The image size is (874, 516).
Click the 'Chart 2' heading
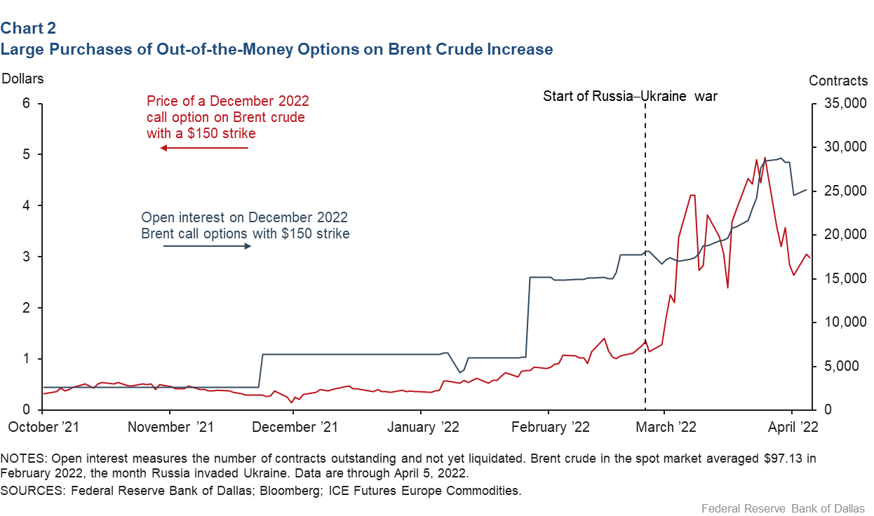pos(28,28)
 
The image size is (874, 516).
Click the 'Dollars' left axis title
pos(23,79)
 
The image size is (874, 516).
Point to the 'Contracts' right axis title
pos(838,81)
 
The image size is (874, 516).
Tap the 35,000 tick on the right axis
pos(844,103)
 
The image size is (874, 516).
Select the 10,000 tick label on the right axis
pos(844,322)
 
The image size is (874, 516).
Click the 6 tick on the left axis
pos(27,103)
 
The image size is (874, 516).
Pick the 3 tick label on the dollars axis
pos(27,257)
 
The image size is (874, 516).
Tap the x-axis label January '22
pos(424,427)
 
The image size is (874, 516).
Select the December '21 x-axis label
pos(295,427)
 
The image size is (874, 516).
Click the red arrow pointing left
pos(204,148)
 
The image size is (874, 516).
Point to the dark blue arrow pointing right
pos(207,247)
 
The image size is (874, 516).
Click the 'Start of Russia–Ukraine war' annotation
pos(630,96)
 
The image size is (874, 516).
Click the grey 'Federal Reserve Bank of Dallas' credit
pos(781,508)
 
